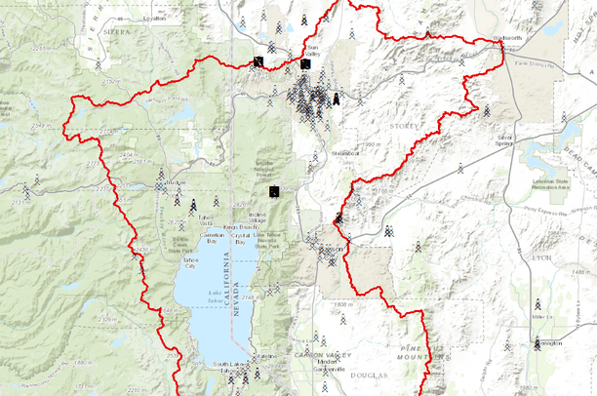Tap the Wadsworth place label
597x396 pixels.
(508, 39)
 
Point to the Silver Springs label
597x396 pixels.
(504, 140)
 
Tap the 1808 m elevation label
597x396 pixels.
(339, 304)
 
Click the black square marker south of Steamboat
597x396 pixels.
(276, 191)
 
